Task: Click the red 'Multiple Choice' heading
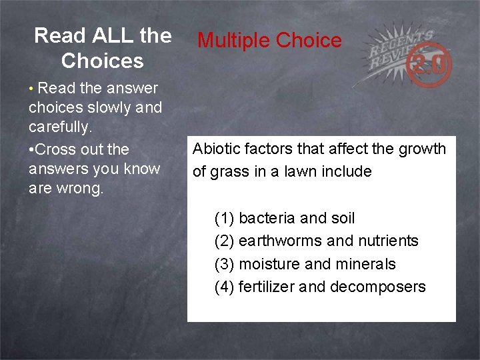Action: click(269, 41)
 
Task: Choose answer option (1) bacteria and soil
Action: click(285, 218)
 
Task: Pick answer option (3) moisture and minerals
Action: click(305, 264)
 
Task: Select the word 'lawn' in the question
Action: click(303, 171)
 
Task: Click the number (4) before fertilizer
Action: click(224, 287)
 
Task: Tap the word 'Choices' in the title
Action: click(102, 61)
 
